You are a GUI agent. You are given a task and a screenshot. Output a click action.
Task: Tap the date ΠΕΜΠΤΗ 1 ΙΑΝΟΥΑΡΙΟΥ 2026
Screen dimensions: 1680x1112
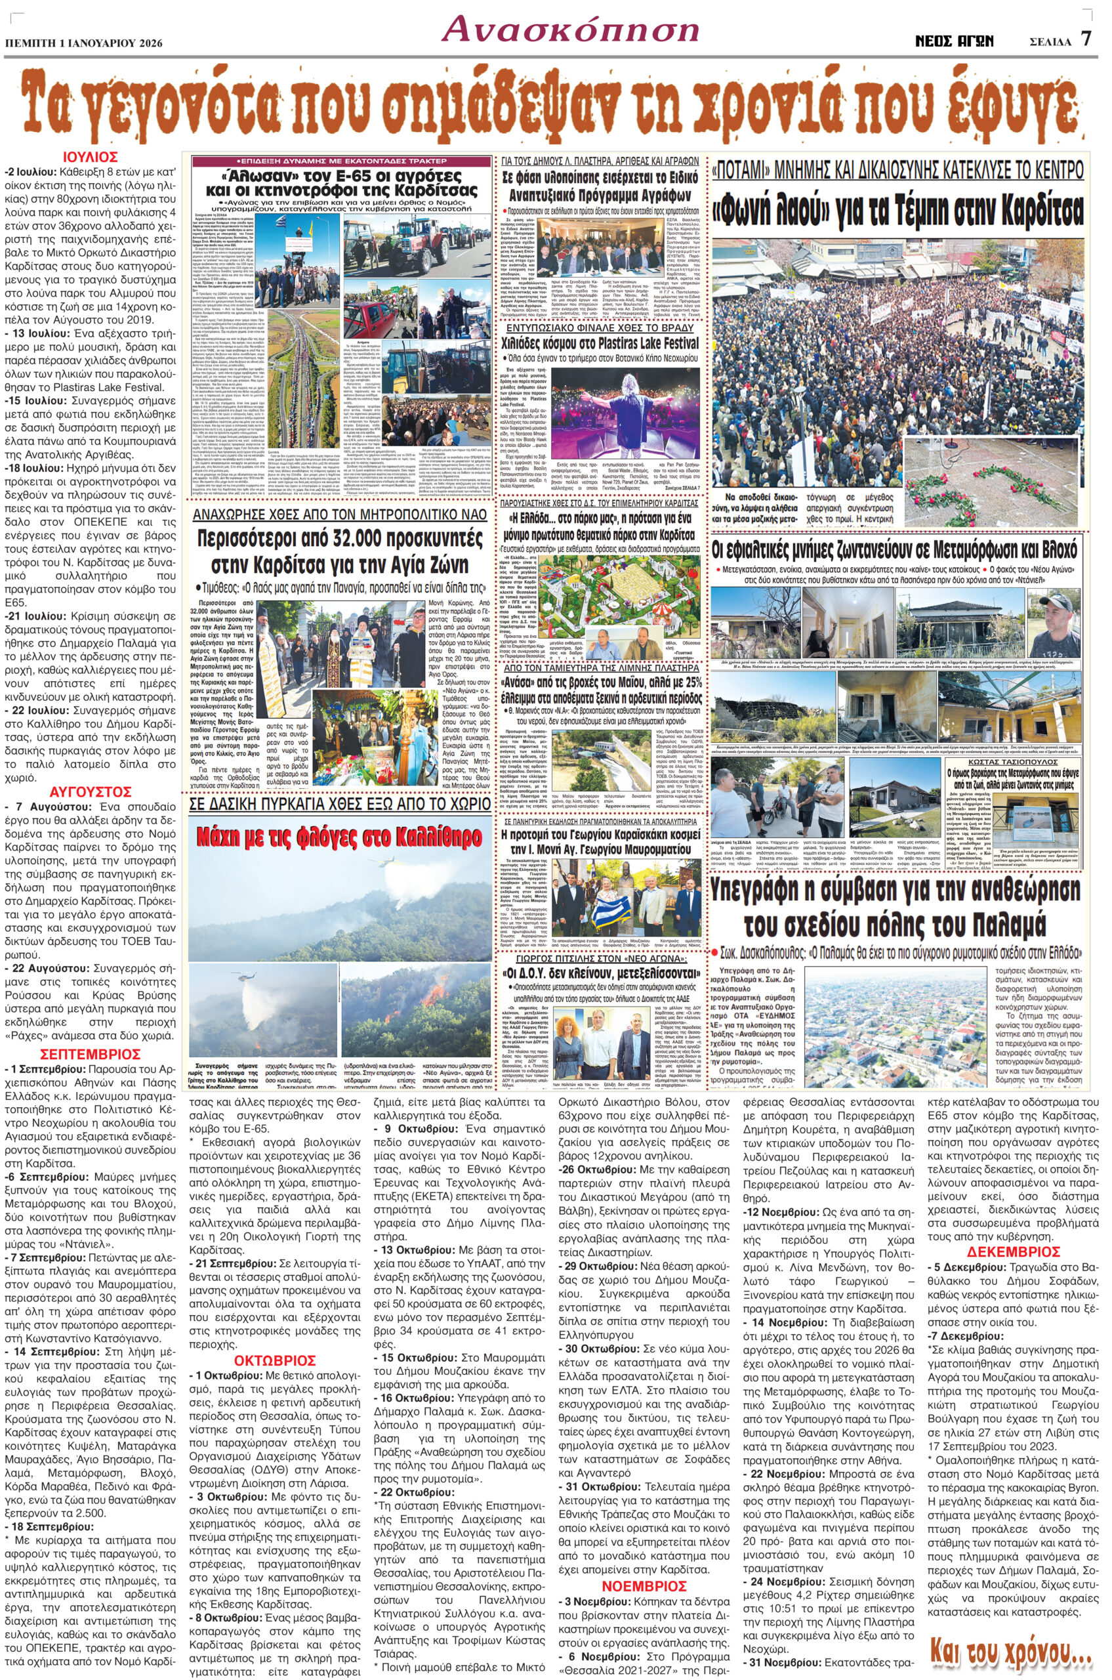(84, 43)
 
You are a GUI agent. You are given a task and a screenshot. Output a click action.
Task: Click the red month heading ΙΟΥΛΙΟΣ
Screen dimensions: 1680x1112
(89, 157)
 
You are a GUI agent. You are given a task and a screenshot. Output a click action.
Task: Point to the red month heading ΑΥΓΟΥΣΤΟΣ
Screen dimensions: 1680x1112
(90, 791)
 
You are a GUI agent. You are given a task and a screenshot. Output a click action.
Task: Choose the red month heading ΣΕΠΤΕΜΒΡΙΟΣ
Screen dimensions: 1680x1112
(90, 1054)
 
